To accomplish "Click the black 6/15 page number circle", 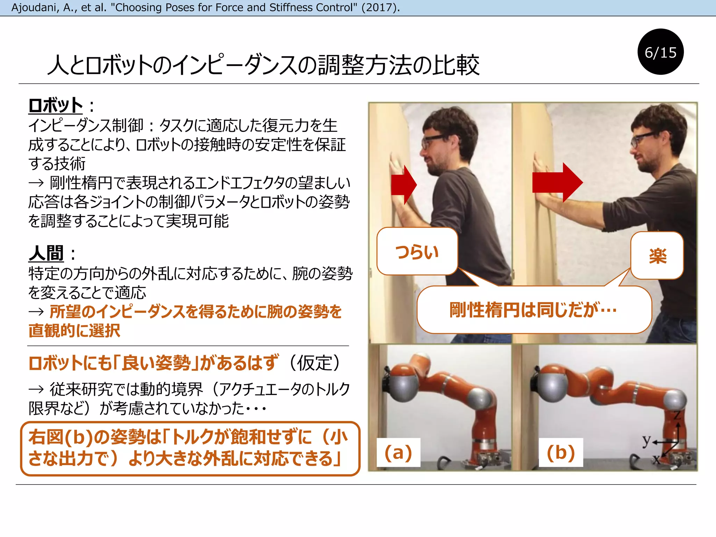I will coord(660,52).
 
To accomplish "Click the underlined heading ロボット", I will coord(55,106).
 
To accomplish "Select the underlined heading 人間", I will coord(46,253).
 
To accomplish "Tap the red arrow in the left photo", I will coord(403,185).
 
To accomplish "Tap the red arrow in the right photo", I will coord(557,182).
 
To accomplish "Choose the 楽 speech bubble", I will coord(657,256).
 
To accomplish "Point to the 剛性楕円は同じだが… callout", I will coord(534,310).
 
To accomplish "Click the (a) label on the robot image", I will coord(398,452).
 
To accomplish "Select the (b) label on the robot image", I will coord(561,452).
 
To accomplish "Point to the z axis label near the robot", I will coord(677,415).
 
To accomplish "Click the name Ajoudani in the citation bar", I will coord(35,7).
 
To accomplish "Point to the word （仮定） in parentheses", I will coord(315,363).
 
